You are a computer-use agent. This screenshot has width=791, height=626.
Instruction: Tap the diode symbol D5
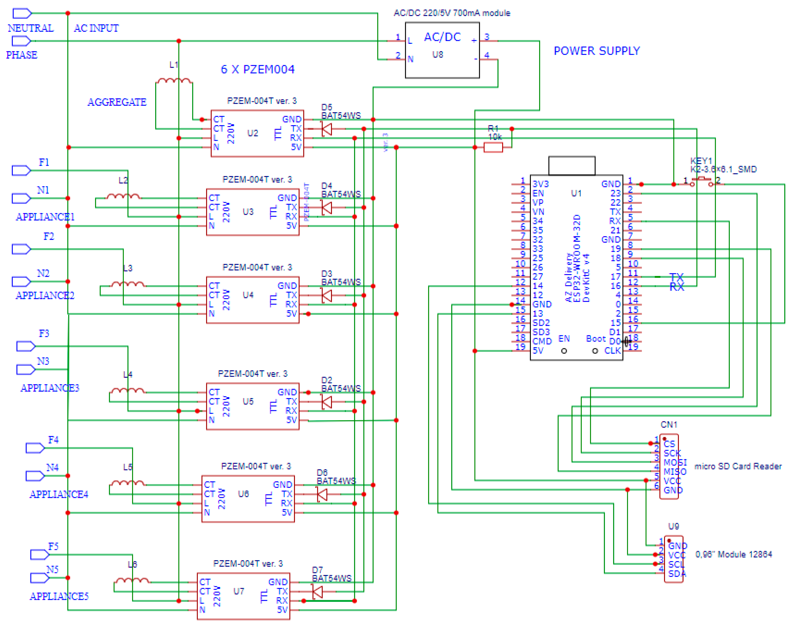326,129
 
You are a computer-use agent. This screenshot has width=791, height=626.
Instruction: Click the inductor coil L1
174,80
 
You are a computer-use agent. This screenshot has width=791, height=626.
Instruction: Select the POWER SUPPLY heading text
596,51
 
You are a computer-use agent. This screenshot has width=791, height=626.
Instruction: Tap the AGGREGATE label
117,102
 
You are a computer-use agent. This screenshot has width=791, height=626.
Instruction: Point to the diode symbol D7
317,591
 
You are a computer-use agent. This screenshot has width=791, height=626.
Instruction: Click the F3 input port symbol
26,346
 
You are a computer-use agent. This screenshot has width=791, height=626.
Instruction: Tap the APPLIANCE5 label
59,596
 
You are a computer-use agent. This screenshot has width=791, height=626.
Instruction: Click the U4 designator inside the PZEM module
248,295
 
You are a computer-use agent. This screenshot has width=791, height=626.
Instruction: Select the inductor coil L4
127,391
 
